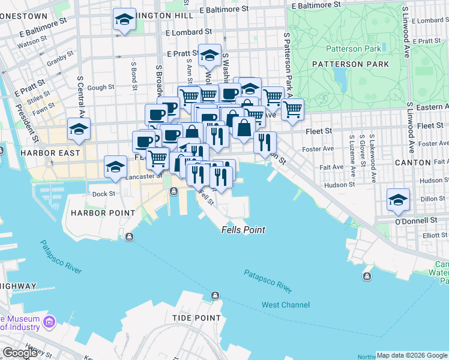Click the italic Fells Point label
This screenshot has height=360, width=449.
[x=243, y=230]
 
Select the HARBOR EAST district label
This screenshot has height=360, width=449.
[x=51, y=153]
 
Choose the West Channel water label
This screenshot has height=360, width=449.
[x=286, y=305]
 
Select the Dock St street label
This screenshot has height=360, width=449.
[x=103, y=193]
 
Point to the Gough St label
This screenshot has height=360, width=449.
[x=100, y=88]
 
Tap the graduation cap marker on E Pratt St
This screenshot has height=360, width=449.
[x=209, y=55]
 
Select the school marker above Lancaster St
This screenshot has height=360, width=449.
[x=115, y=166]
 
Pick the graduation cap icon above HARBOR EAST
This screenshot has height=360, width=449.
[x=79, y=128]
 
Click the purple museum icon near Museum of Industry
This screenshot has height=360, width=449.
[x=49, y=323]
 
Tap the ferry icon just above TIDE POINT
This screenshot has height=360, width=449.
[x=215, y=295]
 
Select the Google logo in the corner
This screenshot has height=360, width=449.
[x=20, y=353]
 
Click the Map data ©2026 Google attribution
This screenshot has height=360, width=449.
[x=412, y=355]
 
